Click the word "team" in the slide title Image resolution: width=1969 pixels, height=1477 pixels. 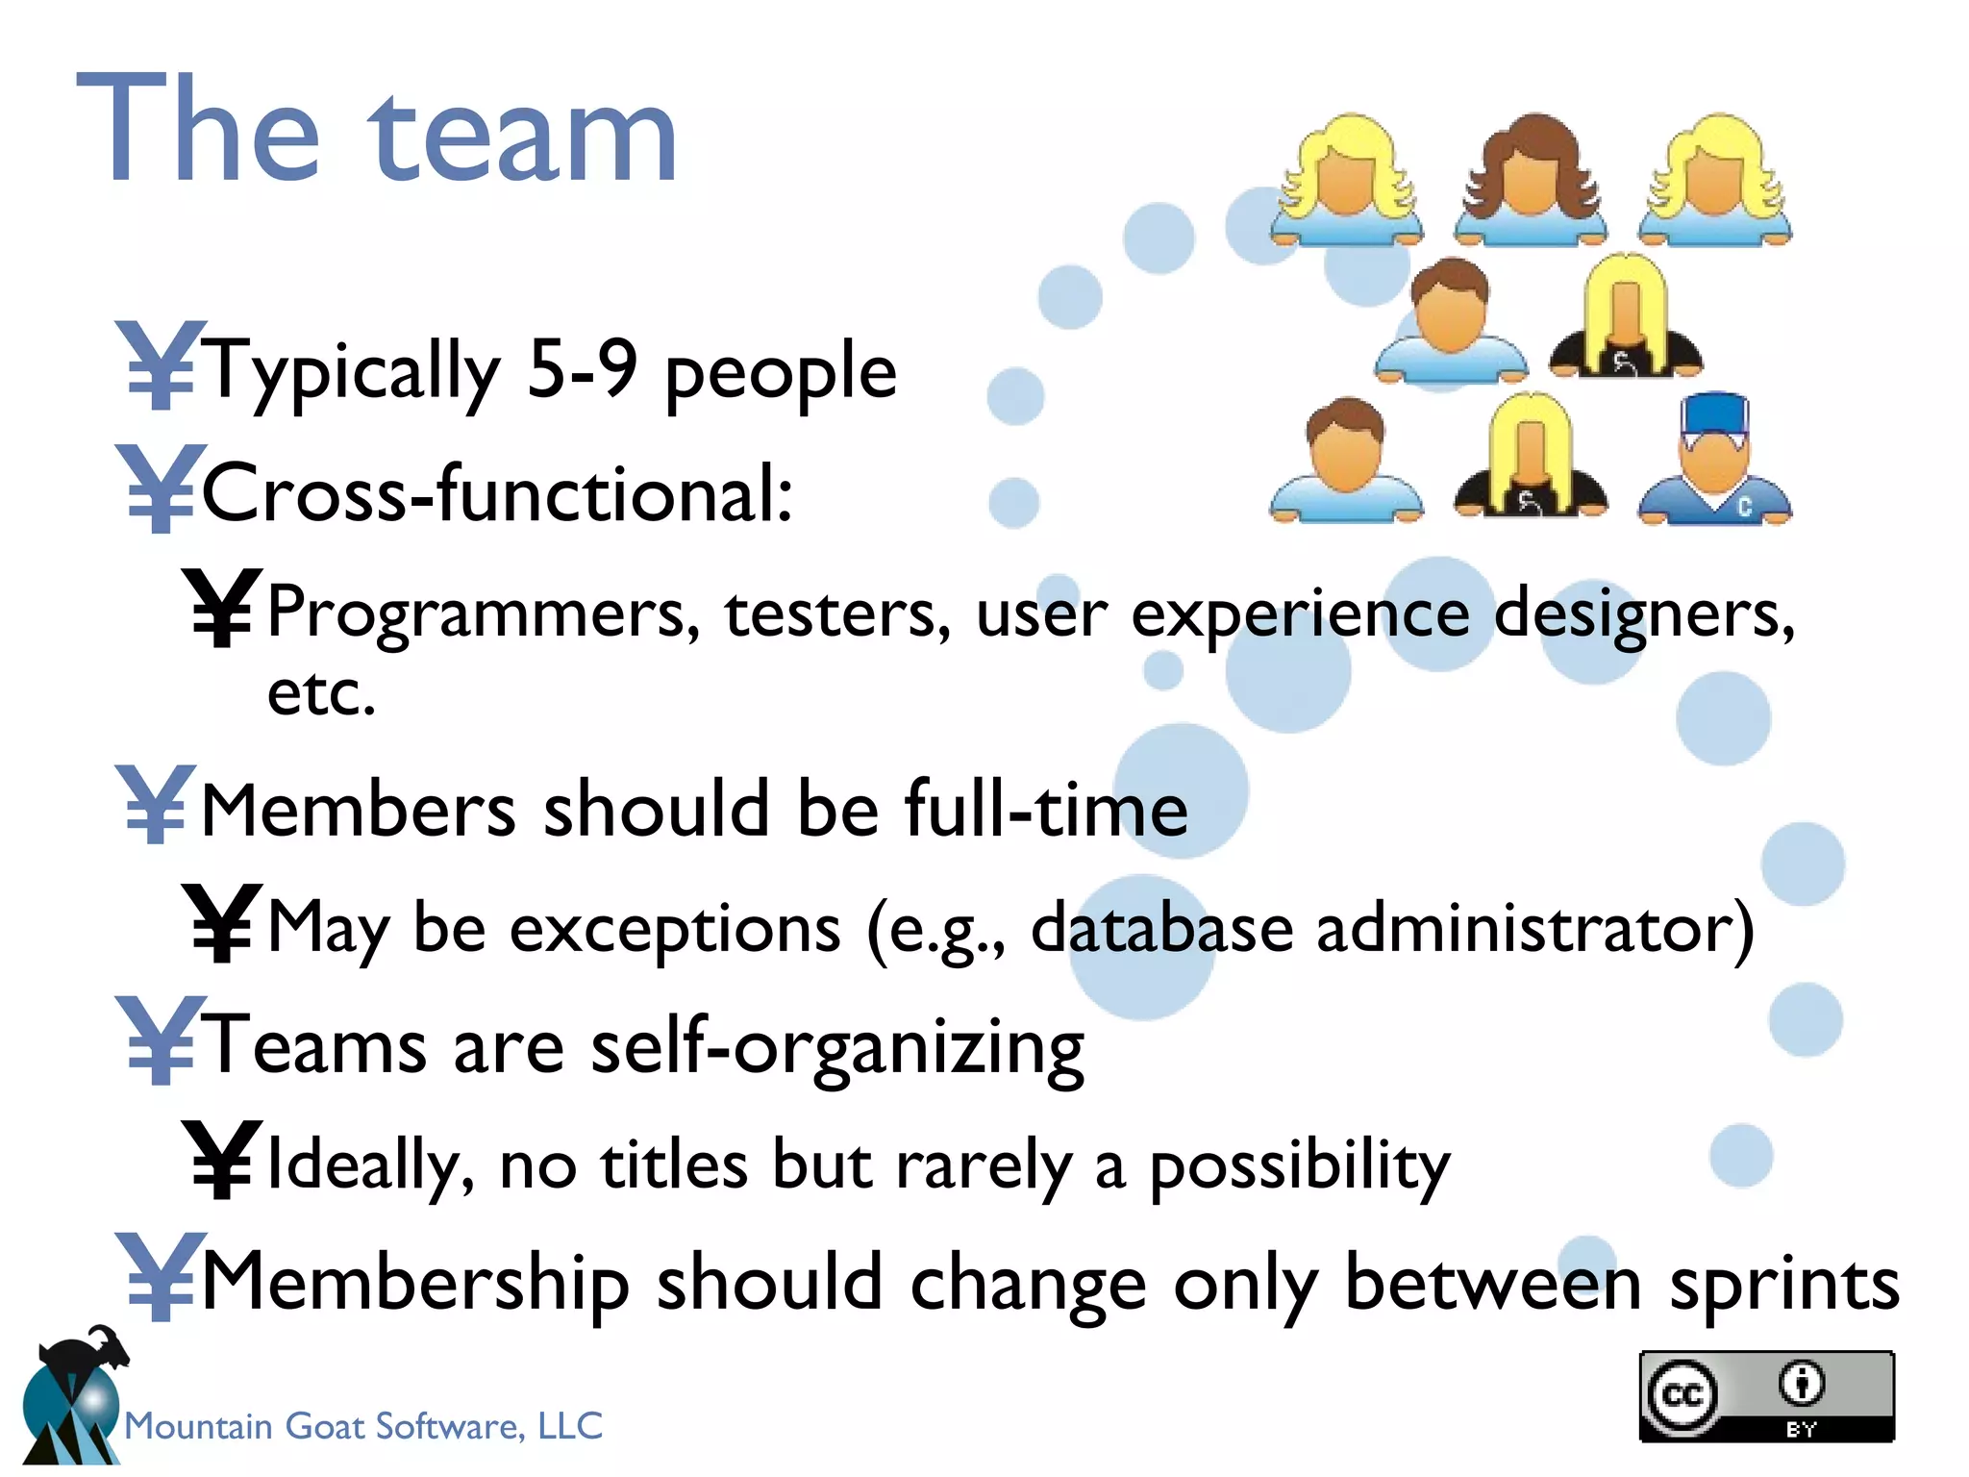tap(524, 135)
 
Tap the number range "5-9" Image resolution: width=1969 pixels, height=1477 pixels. tap(581, 370)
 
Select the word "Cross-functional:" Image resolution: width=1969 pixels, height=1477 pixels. tap(498, 492)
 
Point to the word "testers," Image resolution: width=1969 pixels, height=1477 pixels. tap(837, 613)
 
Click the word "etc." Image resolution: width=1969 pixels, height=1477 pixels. tap(321, 692)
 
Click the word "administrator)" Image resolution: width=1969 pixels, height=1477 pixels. tap(1534, 929)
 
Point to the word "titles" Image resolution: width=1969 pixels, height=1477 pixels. tap(674, 1164)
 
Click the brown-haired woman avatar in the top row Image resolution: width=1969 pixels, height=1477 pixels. tap(1531, 179)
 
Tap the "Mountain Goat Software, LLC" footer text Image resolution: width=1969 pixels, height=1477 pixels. tap(363, 1426)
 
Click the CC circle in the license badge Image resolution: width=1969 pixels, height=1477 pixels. tap(1682, 1395)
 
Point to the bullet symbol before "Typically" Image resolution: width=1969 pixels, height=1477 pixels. tap(160, 365)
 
